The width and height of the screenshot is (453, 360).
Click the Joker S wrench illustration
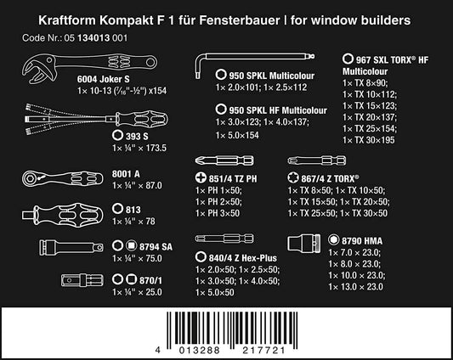(87, 62)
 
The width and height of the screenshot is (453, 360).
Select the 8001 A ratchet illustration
(62, 178)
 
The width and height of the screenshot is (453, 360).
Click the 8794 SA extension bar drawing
(71, 247)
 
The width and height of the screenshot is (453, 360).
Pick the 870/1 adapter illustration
(82, 280)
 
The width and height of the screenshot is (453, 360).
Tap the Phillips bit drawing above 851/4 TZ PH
(224, 160)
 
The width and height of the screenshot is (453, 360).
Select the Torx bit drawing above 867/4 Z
(317, 160)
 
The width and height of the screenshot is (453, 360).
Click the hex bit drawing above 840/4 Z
(224, 239)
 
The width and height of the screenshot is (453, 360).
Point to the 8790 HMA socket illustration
(304, 243)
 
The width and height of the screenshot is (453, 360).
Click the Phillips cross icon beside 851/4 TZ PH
(201, 177)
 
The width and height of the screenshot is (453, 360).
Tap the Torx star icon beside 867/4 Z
(293, 177)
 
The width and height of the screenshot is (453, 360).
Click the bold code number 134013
(93, 38)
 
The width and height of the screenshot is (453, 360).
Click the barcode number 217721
(263, 351)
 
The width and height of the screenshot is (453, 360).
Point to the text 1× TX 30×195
(368, 140)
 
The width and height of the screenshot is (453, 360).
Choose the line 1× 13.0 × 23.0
(355, 287)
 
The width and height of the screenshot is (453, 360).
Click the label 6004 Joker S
(103, 79)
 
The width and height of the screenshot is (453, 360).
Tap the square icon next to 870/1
(131, 279)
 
